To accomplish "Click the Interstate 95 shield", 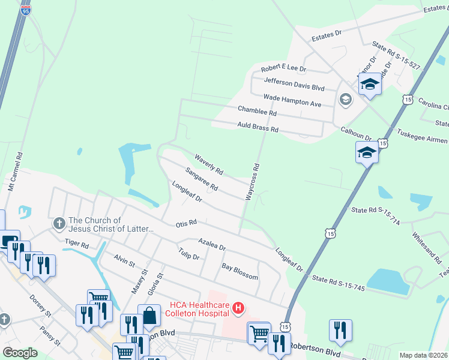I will pyautogui.click(x=24, y=10).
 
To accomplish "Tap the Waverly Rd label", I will pyautogui.click(x=209, y=165).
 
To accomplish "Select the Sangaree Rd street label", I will pyautogui.click(x=201, y=179).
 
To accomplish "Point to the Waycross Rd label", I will pyautogui.click(x=252, y=181).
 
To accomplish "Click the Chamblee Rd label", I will pyautogui.click(x=257, y=110).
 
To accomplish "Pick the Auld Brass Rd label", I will pyautogui.click(x=258, y=127).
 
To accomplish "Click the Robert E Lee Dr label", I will pyautogui.click(x=283, y=69).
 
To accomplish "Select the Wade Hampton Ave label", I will pyautogui.click(x=292, y=100).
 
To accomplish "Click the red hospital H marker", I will pyautogui.click(x=238, y=308).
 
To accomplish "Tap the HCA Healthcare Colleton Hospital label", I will pyautogui.click(x=199, y=308).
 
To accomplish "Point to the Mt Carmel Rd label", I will pyautogui.click(x=15, y=172).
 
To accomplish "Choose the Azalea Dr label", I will pyautogui.click(x=212, y=243).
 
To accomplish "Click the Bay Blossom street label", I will pyautogui.click(x=240, y=271).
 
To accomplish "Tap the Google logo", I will pyautogui.click(x=20, y=353).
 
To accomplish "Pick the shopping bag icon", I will pyautogui.click(x=149, y=316).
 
